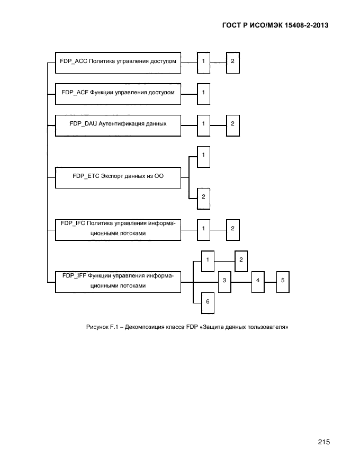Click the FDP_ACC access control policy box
[118, 62]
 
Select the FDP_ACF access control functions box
[118, 93]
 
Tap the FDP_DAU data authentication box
[118, 124]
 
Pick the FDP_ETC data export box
[118, 177]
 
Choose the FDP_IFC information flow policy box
[118, 229]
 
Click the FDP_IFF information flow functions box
[118, 281]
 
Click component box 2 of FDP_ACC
[232, 62]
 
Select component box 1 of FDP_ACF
[204, 93]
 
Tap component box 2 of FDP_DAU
[232, 124]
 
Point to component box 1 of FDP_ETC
[204, 156]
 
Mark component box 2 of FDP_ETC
[204, 198]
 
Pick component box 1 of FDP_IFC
[204, 229]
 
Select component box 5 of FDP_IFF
[283, 281]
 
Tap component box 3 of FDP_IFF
[224, 281]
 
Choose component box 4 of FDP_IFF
[257, 281]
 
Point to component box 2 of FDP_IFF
[241, 260]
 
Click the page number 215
[324, 443]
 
